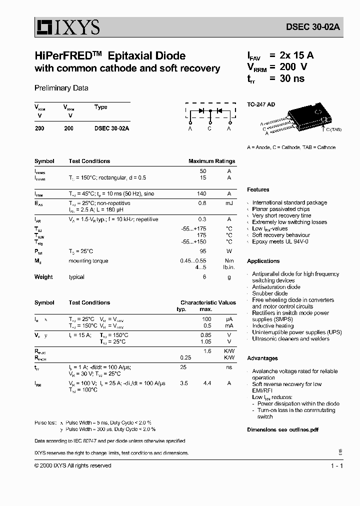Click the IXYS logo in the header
(67, 27)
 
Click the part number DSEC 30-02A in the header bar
(313, 28)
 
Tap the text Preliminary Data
(61, 88)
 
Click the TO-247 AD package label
(261, 104)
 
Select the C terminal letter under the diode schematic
(209, 129)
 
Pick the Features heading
(258, 190)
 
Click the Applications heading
(263, 261)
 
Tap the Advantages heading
(262, 358)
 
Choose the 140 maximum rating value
(201, 193)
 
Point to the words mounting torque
(88, 261)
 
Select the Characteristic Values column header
(208, 302)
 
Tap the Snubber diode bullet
(269, 293)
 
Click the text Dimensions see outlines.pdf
(282, 429)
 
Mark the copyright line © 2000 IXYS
(73, 465)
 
